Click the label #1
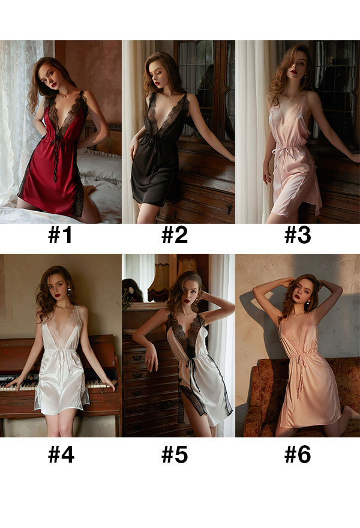(x=60, y=235)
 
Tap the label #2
(x=175, y=235)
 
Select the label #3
(x=298, y=235)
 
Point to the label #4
(x=61, y=455)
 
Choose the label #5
(x=175, y=455)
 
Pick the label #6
(x=298, y=455)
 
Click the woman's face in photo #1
(x=50, y=76)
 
